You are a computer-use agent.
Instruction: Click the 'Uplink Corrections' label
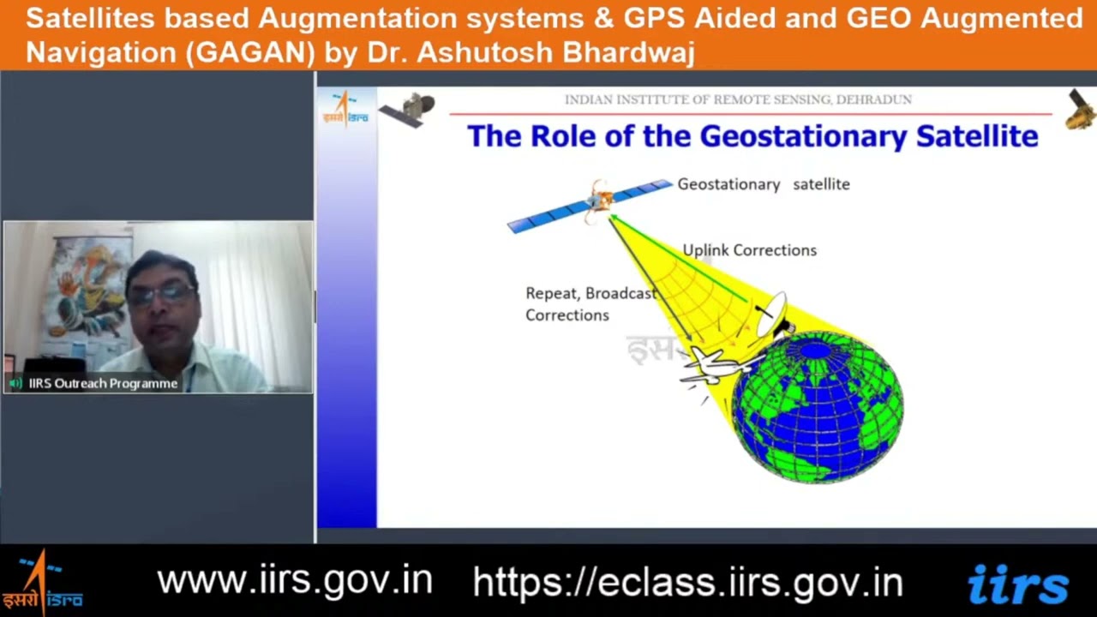[749, 250]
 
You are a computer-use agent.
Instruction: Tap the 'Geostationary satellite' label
[763, 184]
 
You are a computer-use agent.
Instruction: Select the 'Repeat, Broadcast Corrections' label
[590, 304]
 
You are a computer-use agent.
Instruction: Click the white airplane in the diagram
[711, 366]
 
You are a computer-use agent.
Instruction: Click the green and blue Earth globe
[817, 407]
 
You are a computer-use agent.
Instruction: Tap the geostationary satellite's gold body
[600, 200]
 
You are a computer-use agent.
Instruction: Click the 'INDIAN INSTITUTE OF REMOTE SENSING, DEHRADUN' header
[738, 99]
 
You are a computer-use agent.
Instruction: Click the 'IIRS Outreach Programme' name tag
[103, 383]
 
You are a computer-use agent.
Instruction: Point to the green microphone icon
[15, 383]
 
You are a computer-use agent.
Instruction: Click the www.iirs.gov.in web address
[294, 580]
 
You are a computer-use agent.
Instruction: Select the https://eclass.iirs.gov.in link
[687, 582]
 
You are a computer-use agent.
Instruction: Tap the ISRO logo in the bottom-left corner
[41, 583]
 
